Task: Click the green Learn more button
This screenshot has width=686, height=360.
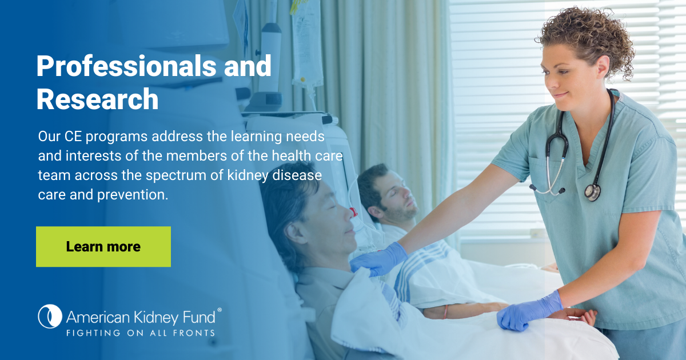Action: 103,247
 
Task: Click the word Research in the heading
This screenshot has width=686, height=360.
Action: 97,99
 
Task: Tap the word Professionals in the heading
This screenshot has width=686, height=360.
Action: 126,66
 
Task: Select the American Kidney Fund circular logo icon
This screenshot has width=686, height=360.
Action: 50,316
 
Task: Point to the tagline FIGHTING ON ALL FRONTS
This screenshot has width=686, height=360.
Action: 141,333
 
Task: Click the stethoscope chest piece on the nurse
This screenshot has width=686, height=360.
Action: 593,192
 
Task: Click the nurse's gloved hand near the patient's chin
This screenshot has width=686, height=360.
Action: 379,259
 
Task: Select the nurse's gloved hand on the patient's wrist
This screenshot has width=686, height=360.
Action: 529,311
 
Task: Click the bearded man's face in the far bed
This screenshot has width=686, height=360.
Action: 397,196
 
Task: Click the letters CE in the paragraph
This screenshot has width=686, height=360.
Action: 73,137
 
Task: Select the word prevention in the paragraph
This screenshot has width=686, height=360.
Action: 132,195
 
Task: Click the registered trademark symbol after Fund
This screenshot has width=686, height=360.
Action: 220,310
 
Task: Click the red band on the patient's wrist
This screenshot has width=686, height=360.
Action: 445,311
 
